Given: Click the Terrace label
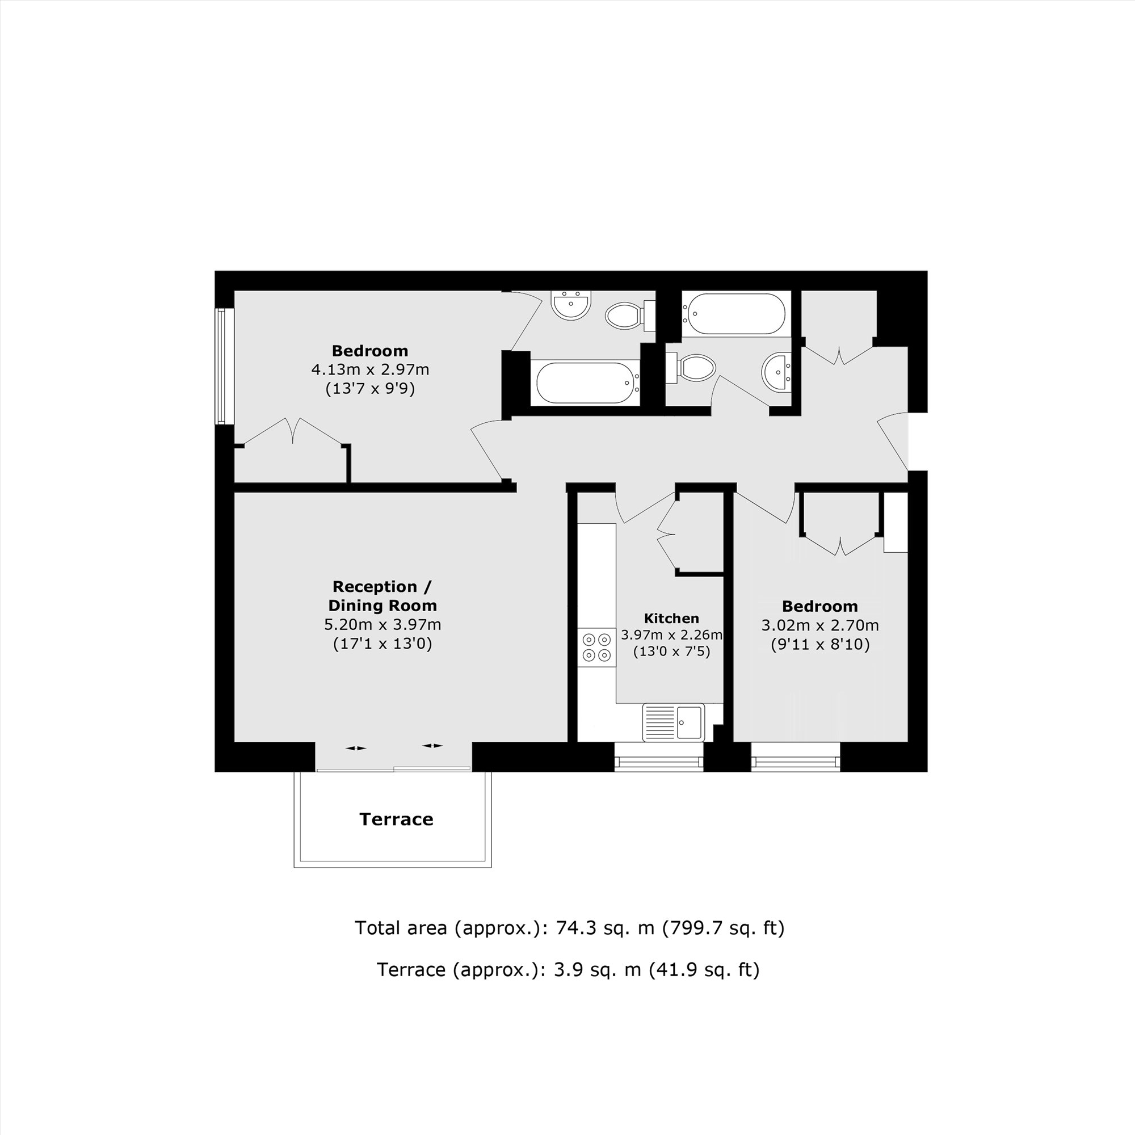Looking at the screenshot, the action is tap(396, 819).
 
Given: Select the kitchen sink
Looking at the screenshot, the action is tap(673, 722).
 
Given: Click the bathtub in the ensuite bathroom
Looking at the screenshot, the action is tap(585, 382).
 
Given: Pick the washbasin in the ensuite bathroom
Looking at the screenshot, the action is tap(571, 305).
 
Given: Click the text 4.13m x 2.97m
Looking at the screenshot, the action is tap(370, 369).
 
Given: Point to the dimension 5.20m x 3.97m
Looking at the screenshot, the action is tap(382, 624).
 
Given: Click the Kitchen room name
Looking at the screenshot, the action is tap(671, 618).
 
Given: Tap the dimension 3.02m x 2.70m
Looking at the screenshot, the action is tap(820, 625).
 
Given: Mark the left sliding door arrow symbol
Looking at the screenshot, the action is tap(356, 748).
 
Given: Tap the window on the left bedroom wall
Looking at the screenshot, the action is tap(221, 367).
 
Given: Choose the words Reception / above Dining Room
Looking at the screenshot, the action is tap(382, 586).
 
